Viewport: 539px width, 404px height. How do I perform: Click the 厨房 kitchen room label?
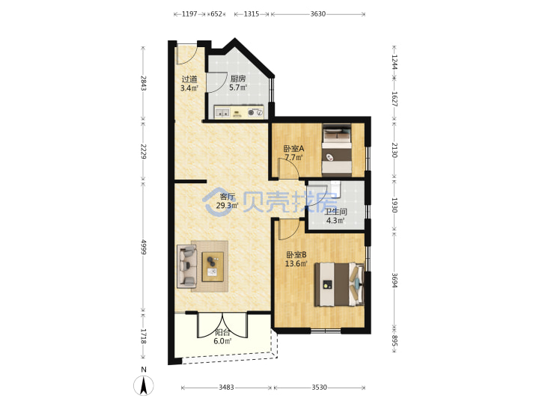coord(238,79)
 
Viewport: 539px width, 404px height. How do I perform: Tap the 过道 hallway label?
coord(189,79)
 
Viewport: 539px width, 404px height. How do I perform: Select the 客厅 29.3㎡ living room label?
coord(228,201)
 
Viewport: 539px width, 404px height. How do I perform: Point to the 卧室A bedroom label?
coord(293,149)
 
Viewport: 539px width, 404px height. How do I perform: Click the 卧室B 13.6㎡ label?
coord(296,260)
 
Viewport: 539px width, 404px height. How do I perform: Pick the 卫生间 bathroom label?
coord(336,212)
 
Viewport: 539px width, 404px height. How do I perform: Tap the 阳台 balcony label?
coord(222,332)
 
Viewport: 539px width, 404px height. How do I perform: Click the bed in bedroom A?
coord(337,150)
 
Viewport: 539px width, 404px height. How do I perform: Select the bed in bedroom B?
coord(339,284)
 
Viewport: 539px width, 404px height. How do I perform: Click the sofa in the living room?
coord(186,266)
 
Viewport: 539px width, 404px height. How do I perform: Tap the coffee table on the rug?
coord(213,267)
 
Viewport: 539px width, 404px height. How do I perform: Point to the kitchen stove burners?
coord(255,112)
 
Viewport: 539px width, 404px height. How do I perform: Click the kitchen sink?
coord(222,112)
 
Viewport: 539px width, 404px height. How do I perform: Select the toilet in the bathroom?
coord(335,189)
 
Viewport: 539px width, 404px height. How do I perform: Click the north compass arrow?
coord(144,385)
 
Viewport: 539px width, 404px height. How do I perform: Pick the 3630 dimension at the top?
coord(318,14)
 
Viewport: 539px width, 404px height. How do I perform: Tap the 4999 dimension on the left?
coord(144,247)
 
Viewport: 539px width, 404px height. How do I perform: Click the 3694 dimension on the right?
coord(395,281)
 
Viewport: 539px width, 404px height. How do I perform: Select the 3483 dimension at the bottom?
coord(226,388)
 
